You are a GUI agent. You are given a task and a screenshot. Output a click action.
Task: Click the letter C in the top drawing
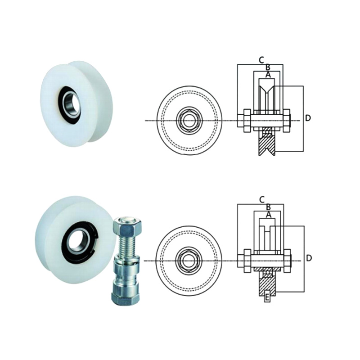[x=261, y=60]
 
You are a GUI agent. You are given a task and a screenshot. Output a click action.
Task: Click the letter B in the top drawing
[x=268, y=67]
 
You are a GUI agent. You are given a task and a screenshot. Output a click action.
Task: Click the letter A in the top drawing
[x=268, y=75]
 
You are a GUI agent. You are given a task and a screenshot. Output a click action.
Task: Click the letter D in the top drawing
[x=308, y=118]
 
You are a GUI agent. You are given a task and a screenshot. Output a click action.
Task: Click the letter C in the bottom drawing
[x=262, y=200]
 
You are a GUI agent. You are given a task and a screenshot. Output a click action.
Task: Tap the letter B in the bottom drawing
[x=268, y=207]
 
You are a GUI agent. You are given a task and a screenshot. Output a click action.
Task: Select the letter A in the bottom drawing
[x=268, y=215]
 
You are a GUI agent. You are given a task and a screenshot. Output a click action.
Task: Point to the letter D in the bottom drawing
[x=309, y=258]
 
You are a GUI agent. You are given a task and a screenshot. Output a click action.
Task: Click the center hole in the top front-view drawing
[x=189, y=121]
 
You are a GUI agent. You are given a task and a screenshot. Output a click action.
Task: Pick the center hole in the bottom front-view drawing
[x=189, y=261]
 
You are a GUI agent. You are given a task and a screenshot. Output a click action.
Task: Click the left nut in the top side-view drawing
[x=247, y=121]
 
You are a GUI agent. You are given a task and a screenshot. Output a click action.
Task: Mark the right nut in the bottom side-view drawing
[x=287, y=261]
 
